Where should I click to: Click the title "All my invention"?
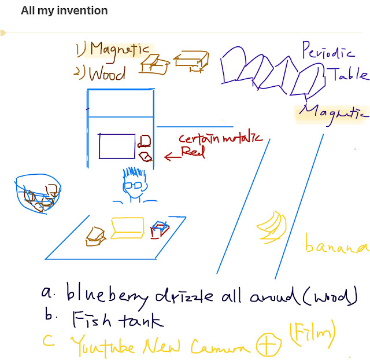pos(64,10)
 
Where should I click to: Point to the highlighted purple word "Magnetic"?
pos(335,112)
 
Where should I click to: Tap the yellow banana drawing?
pos(269,227)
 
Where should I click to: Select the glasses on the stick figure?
pos(132,186)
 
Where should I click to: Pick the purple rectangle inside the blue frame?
pos(117,146)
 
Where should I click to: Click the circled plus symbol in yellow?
pos(270,346)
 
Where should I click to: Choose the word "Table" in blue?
pos(347,74)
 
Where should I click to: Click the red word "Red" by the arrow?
pos(194,152)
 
